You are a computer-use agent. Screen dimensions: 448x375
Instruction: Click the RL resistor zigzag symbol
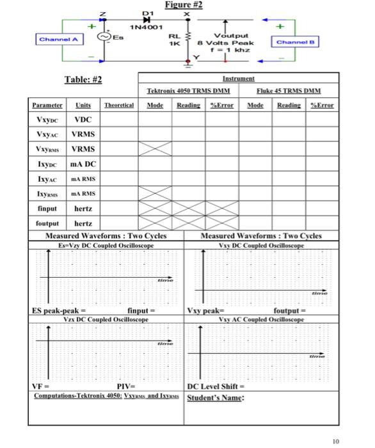point(187,40)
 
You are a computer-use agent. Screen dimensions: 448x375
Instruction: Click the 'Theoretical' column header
point(118,105)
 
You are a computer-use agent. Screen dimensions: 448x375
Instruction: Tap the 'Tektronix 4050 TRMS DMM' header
point(179,92)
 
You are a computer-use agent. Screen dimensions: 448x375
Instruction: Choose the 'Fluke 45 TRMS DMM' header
point(289,92)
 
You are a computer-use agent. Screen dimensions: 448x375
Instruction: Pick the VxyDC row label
point(47,120)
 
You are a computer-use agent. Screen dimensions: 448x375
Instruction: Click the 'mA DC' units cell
point(83,164)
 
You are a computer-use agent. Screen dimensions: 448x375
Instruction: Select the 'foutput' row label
point(47,224)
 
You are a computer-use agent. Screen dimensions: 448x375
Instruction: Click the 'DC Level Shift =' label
point(215,387)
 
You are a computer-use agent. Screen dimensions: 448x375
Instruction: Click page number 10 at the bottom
point(336,441)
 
